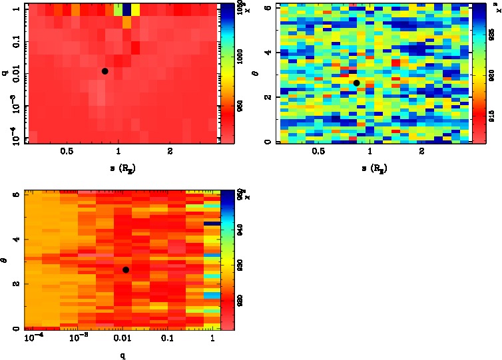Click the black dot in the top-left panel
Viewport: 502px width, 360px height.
[x=105, y=71]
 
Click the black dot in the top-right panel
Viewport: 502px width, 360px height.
[x=356, y=83]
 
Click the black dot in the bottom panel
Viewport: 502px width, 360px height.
[x=126, y=270]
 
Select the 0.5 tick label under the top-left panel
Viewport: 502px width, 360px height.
[x=67, y=151]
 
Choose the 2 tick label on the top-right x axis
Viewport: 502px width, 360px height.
[x=422, y=151]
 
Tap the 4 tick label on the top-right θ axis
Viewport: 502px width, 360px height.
[x=267, y=52]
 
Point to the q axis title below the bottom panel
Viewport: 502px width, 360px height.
[x=123, y=355]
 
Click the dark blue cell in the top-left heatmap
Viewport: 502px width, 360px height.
[x=126, y=9]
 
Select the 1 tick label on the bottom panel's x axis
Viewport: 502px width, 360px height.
[x=212, y=339]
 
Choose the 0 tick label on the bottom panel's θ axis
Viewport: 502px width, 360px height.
[x=15, y=329]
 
